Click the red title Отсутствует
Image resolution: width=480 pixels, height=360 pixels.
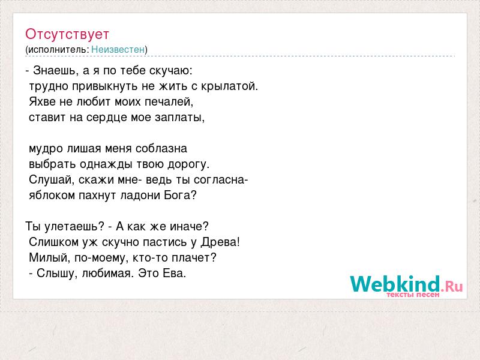pos(67,34)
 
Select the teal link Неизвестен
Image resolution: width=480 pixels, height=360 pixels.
pos(118,50)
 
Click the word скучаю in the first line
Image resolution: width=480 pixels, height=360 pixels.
pos(171,71)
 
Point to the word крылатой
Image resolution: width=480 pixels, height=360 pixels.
pos(229,86)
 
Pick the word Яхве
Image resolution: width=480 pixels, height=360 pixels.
pos(42,101)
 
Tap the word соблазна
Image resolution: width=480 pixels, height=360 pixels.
pos(161,149)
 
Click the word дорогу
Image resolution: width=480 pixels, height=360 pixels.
pos(188,164)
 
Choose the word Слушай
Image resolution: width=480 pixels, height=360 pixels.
pos(52,179)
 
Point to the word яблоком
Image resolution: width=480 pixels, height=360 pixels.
pos(52,196)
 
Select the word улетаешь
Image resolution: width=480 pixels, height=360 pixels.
pos(74,227)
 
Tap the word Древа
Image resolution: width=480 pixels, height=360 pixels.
pos(220,242)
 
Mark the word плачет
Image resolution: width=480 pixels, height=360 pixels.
pos(194,258)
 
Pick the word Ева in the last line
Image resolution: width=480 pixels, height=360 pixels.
pos(174,274)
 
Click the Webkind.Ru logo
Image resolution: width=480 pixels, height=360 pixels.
pos(406,284)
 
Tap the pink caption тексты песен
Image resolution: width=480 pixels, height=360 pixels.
pos(413,295)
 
